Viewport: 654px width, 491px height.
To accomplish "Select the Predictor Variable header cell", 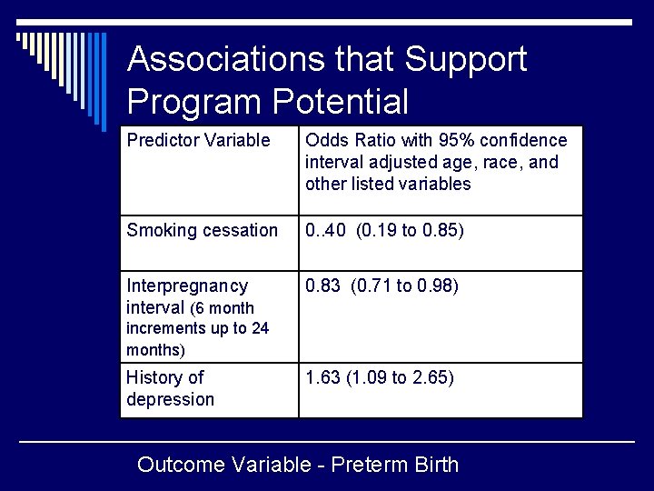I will (x=198, y=140).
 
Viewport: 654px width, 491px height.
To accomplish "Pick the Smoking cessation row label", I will (x=203, y=230).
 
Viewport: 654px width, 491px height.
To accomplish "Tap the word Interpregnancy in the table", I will (x=186, y=286).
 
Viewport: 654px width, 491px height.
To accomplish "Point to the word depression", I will (x=170, y=399).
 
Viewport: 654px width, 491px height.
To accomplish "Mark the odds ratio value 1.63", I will (x=323, y=377).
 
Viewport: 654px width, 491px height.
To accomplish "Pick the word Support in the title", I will (x=465, y=60).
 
